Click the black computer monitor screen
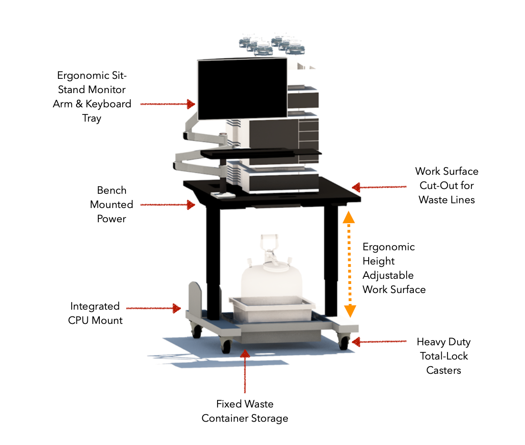[x=242, y=89]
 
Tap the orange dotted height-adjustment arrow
[x=350, y=264]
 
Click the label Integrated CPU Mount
[x=95, y=313]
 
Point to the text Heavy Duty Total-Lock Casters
[x=443, y=356]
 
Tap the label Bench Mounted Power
[x=112, y=204]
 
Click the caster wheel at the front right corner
[x=344, y=341]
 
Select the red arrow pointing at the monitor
[x=168, y=104]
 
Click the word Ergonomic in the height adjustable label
[x=388, y=247]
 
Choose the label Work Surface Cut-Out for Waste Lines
[x=447, y=185]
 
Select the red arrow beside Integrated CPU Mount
[x=153, y=308]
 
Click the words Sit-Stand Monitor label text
[x=92, y=89]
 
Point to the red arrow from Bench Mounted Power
[x=168, y=205]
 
